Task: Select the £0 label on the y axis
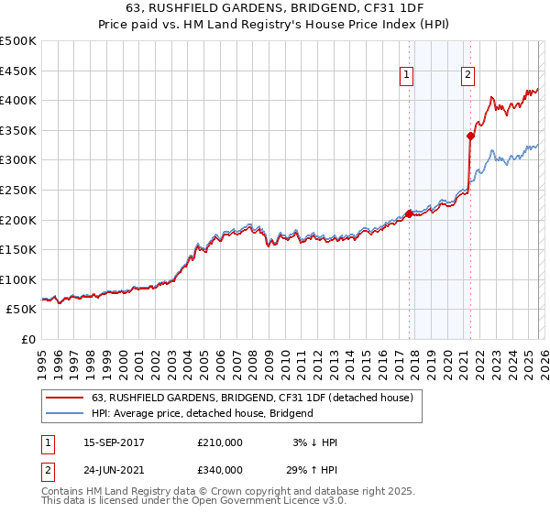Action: point(27,339)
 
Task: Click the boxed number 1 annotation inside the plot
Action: point(406,76)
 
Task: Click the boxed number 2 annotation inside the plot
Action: point(467,76)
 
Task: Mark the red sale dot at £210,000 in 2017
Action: point(408,213)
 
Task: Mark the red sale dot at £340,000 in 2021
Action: point(470,136)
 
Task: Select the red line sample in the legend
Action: point(65,398)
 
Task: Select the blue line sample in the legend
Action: point(65,413)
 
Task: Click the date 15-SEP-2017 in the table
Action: point(114,442)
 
